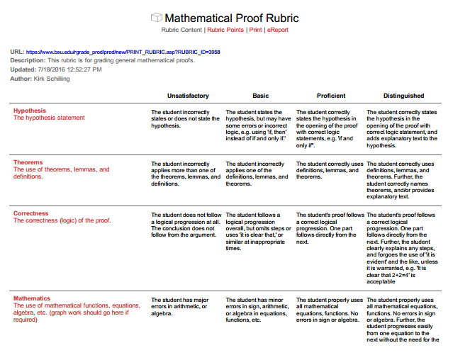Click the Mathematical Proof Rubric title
coord(231,18)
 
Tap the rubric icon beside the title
coord(156,18)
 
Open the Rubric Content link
coord(181,30)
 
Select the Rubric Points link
coord(225,30)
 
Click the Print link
coord(255,30)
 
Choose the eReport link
coord(277,30)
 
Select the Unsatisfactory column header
coord(188,96)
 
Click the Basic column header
coord(260,96)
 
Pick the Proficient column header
coord(331,96)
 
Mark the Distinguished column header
coord(403,96)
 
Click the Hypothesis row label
coord(30,111)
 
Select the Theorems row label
coord(28,162)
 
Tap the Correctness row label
coord(31,213)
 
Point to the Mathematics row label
coord(32,298)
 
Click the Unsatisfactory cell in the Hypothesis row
coord(186,119)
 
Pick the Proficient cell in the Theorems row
coord(330,170)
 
